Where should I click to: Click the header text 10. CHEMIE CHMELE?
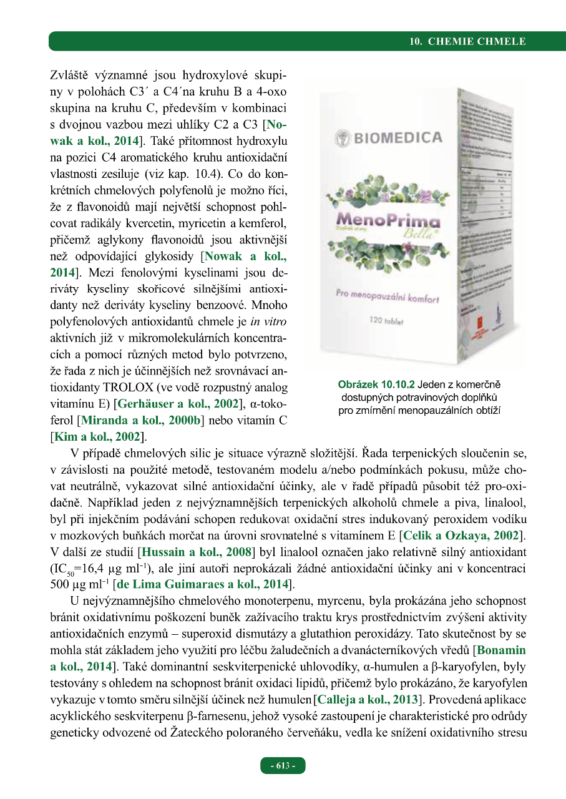(467, 42)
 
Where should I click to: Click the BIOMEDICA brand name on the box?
(397, 138)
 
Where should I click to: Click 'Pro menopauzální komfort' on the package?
(388, 295)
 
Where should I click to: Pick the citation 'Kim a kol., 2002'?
(97, 436)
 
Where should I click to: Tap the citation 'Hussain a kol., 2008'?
(197, 552)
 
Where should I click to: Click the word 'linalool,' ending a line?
(506, 504)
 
